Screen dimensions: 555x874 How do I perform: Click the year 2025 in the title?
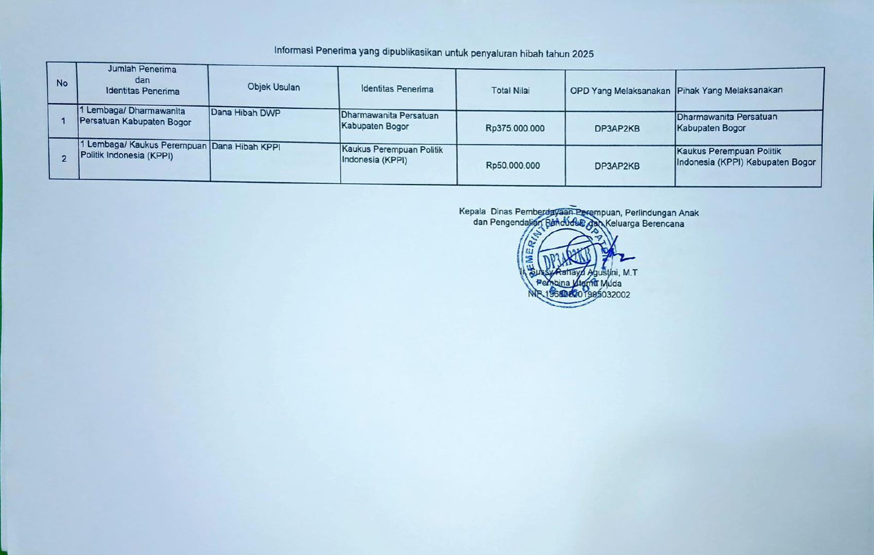pyautogui.click(x=583, y=54)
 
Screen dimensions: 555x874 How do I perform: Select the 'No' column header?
pyautogui.click(x=62, y=83)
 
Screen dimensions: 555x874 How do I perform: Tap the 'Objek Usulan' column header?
pyautogui.click(x=273, y=87)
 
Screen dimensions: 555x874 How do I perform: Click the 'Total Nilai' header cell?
pyautogui.click(x=510, y=90)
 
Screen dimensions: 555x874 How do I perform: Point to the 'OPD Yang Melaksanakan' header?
pyautogui.click(x=620, y=91)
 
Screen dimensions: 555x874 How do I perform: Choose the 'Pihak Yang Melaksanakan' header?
pyautogui.click(x=729, y=90)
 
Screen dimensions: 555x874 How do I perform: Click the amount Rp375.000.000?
pyautogui.click(x=514, y=129)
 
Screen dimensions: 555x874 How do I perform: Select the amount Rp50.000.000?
pyautogui.click(x=513, y=165)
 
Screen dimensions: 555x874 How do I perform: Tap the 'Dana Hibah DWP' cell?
pyautogui.click(x=245, y=113)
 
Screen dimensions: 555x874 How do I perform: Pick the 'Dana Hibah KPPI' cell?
pyautogui.click(x=246, y=147)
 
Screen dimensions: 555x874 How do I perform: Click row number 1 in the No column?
pyautogui.click(x=63, y=121)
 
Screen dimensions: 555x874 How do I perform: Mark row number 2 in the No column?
pyautogui.click(x=64, y=158)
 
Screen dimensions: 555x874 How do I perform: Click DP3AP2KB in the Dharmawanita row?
pyautogui.click(x=617, y=129)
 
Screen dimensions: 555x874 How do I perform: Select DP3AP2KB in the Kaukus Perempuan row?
pyautogui.click(x=617, y=166)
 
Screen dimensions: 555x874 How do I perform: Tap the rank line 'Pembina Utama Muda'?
pyautogui.click(x=579, y=284)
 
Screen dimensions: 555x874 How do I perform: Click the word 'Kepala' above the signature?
pyautogui.click(x=472, y=211)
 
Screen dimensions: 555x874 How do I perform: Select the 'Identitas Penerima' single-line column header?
pyautogui.click(x=397, y=89)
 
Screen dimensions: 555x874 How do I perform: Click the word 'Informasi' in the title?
pyautogui.click(x=294, y=51)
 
